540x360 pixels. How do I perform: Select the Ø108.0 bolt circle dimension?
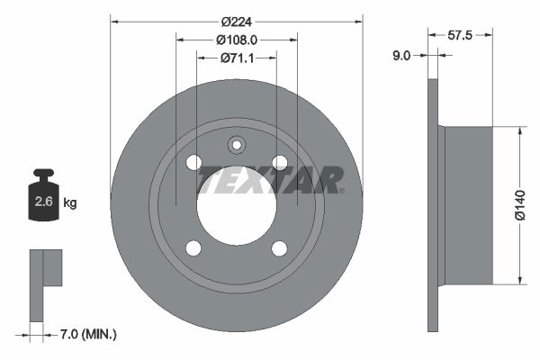pos(237,40)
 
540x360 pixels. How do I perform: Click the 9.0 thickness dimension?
pos(401,55)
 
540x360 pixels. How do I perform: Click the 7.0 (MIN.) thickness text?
pos(87,335)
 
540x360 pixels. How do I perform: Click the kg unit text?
pos(69,203)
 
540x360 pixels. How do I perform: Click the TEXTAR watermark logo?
pos(270,179)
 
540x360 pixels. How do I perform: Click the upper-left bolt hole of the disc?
pos(193,162)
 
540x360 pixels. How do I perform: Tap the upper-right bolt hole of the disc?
pos(280,162)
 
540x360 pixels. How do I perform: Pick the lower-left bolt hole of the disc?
pos(193,248)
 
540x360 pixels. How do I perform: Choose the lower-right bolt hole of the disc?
pos(280,248)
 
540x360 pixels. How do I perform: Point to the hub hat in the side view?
pos(468,205)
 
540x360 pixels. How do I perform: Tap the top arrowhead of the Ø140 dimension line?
pos(519,131)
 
